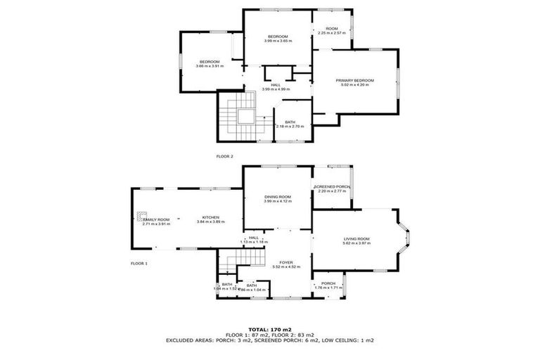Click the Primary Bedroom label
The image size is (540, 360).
click(x=354, y=81)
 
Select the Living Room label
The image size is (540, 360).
click(x=356, y=239)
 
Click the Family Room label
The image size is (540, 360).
click(x=156, y=219)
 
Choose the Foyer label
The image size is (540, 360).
click(x=285, y=262)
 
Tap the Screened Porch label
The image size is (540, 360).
click(x=332, y=186)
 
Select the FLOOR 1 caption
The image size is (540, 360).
click(x=139, y=263)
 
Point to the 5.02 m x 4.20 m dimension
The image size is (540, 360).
click(x=354, y=86)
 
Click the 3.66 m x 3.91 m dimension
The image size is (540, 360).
click(x=210, y=66)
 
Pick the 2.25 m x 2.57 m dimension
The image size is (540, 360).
click(x=332, y=33)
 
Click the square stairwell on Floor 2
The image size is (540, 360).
click(x=244, y=117)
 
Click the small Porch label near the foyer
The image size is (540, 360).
click(x=328, y=283)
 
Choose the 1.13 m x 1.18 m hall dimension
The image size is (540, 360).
click(x=254, y=243)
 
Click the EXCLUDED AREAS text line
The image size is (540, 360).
click(x=270, y=340)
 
